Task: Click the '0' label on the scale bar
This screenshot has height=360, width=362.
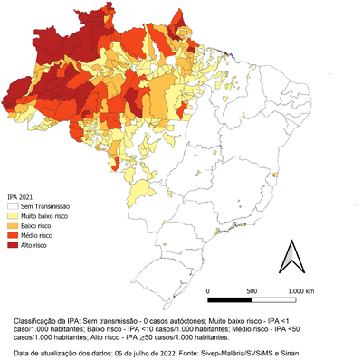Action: click(x=209, y=289)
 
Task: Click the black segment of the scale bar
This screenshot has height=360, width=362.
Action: click(x=231, y=298)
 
